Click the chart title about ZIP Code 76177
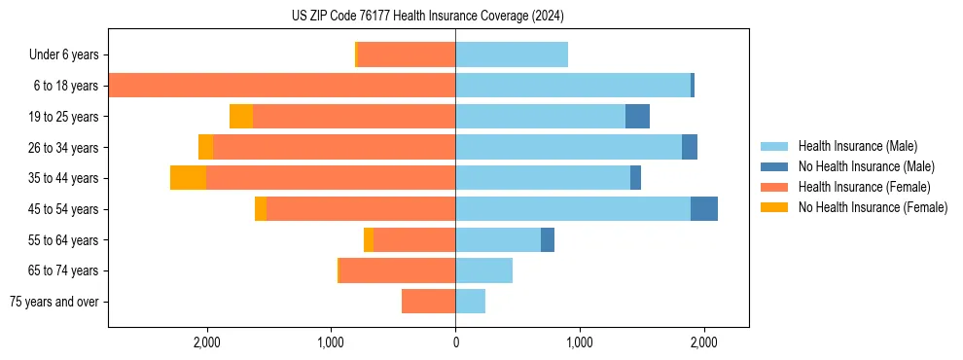[x=427, y=17]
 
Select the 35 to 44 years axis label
[x=61, y=178]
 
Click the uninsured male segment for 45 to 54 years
[x=704, y=209]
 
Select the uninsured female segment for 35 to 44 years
[x=188, y=178]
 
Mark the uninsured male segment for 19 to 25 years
[x=637, y=117]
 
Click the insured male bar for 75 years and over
[x=470, y=302]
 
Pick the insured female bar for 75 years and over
[x=428, y=302]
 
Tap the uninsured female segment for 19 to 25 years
[x=241, y=117]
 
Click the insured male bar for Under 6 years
[x=512, y=54]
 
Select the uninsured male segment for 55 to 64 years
[x=548, y=239]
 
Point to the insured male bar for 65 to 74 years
[x=483, y=270]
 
